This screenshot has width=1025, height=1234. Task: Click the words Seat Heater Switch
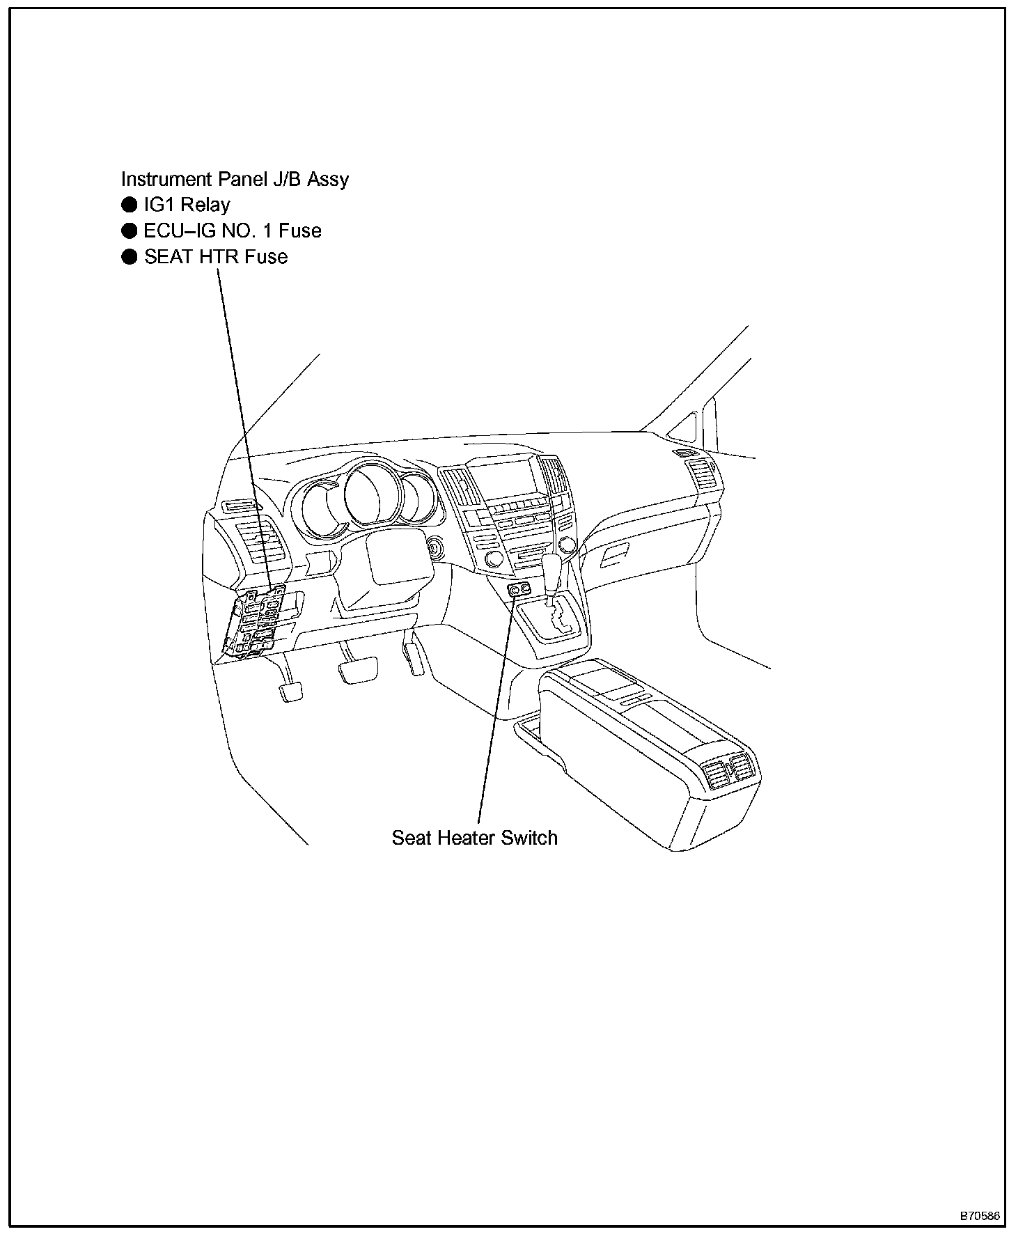(x=474, y=837)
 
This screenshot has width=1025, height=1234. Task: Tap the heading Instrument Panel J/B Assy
(x=235, y=179)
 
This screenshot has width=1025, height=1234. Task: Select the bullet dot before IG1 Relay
(x=129, y=205)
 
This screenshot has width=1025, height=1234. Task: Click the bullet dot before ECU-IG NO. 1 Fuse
(x=129, y=231)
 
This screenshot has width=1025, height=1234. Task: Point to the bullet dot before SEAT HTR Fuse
(x=129, y=257)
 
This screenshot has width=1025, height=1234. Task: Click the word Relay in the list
(x=205, y=205)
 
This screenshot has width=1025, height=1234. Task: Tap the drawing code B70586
(x=980, y=1216)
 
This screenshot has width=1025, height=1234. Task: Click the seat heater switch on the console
(x=519, y=591)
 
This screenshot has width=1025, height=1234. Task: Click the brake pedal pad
(x=358, y=672)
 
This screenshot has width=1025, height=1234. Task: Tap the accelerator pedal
(x=414, y=658)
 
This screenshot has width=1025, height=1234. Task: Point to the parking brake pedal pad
(x=292, y=692)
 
